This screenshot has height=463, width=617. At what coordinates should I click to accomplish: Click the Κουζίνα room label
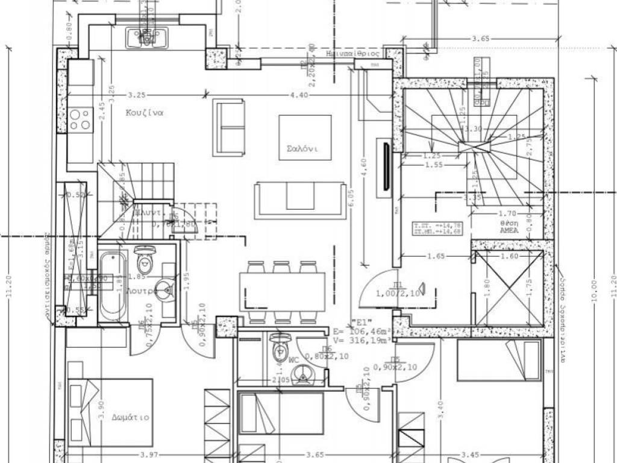145,113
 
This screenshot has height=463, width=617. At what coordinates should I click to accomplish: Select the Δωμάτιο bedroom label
130,417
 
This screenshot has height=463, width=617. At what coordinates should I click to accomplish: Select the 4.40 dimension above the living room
299,95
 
